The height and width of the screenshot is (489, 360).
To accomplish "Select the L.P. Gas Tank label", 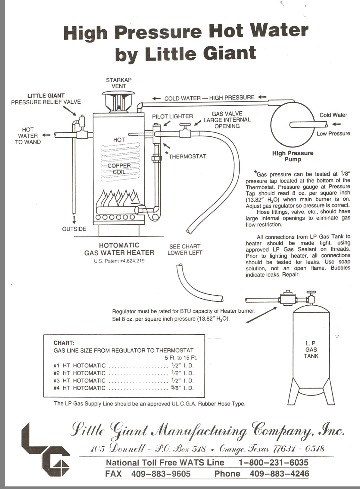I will point(311,349).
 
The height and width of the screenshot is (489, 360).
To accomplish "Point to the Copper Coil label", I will point(119,169).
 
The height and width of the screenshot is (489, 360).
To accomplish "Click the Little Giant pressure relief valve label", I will point(46,99).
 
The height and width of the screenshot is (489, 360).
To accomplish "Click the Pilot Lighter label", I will point(172,116).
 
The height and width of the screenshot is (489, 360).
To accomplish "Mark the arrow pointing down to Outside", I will point(74,220).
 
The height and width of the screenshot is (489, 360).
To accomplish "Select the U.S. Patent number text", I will point(119,261).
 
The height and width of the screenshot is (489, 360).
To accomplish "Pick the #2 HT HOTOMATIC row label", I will point(79,373).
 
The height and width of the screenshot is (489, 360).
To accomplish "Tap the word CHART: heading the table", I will point(64,343).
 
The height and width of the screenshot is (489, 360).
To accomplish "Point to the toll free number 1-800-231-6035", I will point(273,462).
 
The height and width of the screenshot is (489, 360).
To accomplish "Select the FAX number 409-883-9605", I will point(161,474).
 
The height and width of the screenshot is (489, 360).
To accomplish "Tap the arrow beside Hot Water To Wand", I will point(46,135).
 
